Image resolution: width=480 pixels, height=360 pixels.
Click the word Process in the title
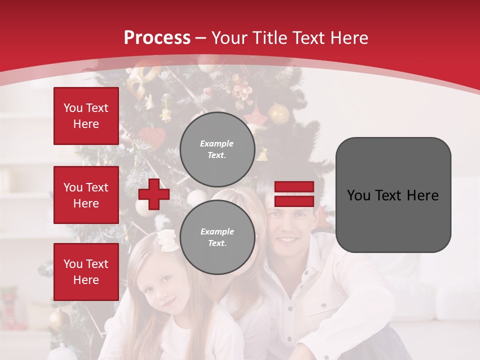[x=157, y=38]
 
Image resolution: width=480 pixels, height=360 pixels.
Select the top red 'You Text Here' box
[x=86, y=116]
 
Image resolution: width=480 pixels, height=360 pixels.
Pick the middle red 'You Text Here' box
[x=86, y=195]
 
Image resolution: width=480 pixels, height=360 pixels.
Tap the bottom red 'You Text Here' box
[x=86, y=272]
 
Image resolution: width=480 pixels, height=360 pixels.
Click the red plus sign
[x=154, y=194]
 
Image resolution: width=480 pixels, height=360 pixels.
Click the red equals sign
[x=294, y=194]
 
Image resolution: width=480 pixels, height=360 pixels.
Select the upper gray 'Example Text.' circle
[x=217, y=149]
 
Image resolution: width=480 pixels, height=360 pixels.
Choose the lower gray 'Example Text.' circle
[x=217, y=237]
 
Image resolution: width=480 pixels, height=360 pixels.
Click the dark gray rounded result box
[x=393, y=195]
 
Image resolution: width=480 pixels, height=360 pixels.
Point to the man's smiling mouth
[x=288, y=240]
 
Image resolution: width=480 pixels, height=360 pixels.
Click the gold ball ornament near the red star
[x=279, y=113]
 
